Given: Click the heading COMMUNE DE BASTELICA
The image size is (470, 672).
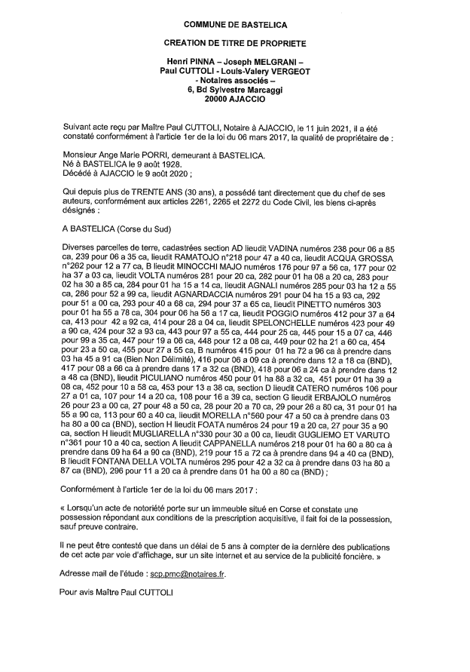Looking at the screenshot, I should (234, 26).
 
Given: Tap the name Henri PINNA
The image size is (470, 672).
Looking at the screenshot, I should (191, 63).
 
